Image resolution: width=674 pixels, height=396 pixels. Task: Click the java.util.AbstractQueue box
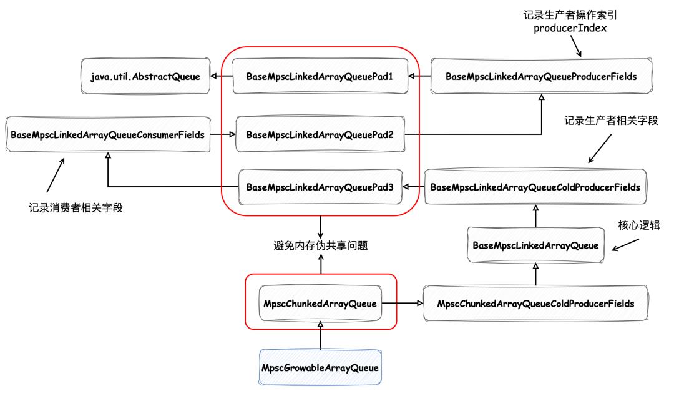pyautogui.click(x=144, y=77)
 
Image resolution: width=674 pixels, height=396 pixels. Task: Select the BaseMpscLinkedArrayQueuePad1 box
pyautogui.click(x=320, y=77)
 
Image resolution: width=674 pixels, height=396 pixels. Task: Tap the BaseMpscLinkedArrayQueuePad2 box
pyautogui.click(x=320, y=134)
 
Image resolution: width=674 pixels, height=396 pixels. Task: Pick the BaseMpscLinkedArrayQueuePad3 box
pyautogui.click(x=320, y=187)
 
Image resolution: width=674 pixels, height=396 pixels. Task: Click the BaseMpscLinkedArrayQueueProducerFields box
pyautogui.click(x=541, y=77)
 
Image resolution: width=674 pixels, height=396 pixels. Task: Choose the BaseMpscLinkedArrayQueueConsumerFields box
pyautogui.click(x=107, y=134)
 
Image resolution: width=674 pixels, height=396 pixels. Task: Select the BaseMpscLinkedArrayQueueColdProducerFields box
pyautogui.click(x=535, y=187)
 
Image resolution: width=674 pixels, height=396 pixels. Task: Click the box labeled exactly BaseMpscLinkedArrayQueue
pyautogui.click(x=535, y=245)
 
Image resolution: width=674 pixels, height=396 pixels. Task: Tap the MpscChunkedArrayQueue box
pyautogui.click(x=320, y=304)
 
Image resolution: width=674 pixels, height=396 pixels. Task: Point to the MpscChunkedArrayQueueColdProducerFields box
pyautogui.click(x=535, y=304)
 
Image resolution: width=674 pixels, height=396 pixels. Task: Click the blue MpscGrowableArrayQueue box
pyautogui.click(x=320, y=368)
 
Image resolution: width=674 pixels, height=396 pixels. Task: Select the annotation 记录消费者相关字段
pyautogui.click(x=76, y=208)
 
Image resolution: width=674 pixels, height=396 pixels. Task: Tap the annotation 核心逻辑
pyautogui.click(x=638, y=225)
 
